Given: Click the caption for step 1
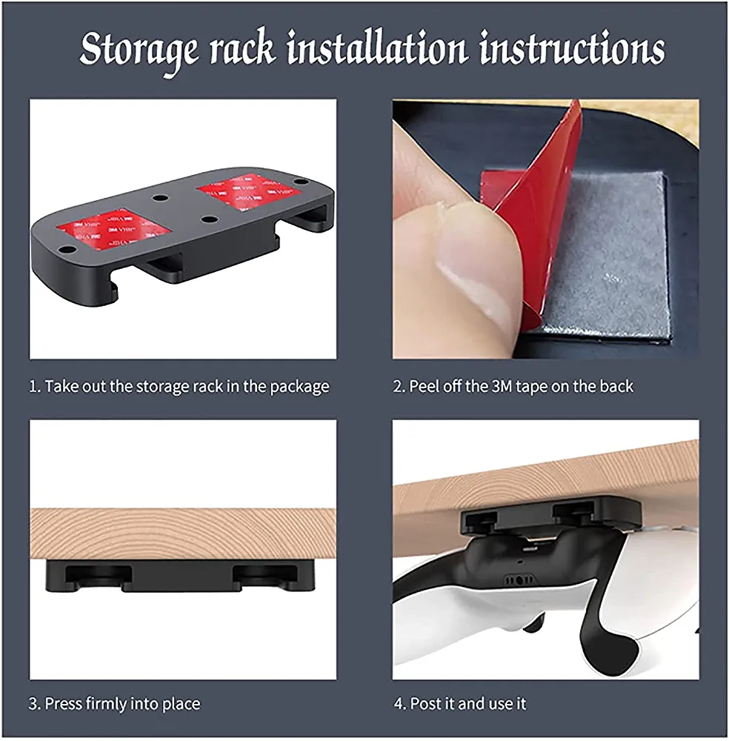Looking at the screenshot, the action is pos(179,387).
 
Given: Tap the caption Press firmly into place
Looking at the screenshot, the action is pos(114,704).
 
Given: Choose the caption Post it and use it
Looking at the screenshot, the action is pos(460,704).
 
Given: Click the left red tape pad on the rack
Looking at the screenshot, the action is pos(113,226).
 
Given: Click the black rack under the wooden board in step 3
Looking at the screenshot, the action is pos(180,576).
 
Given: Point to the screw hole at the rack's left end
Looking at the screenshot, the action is pos(67,249).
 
